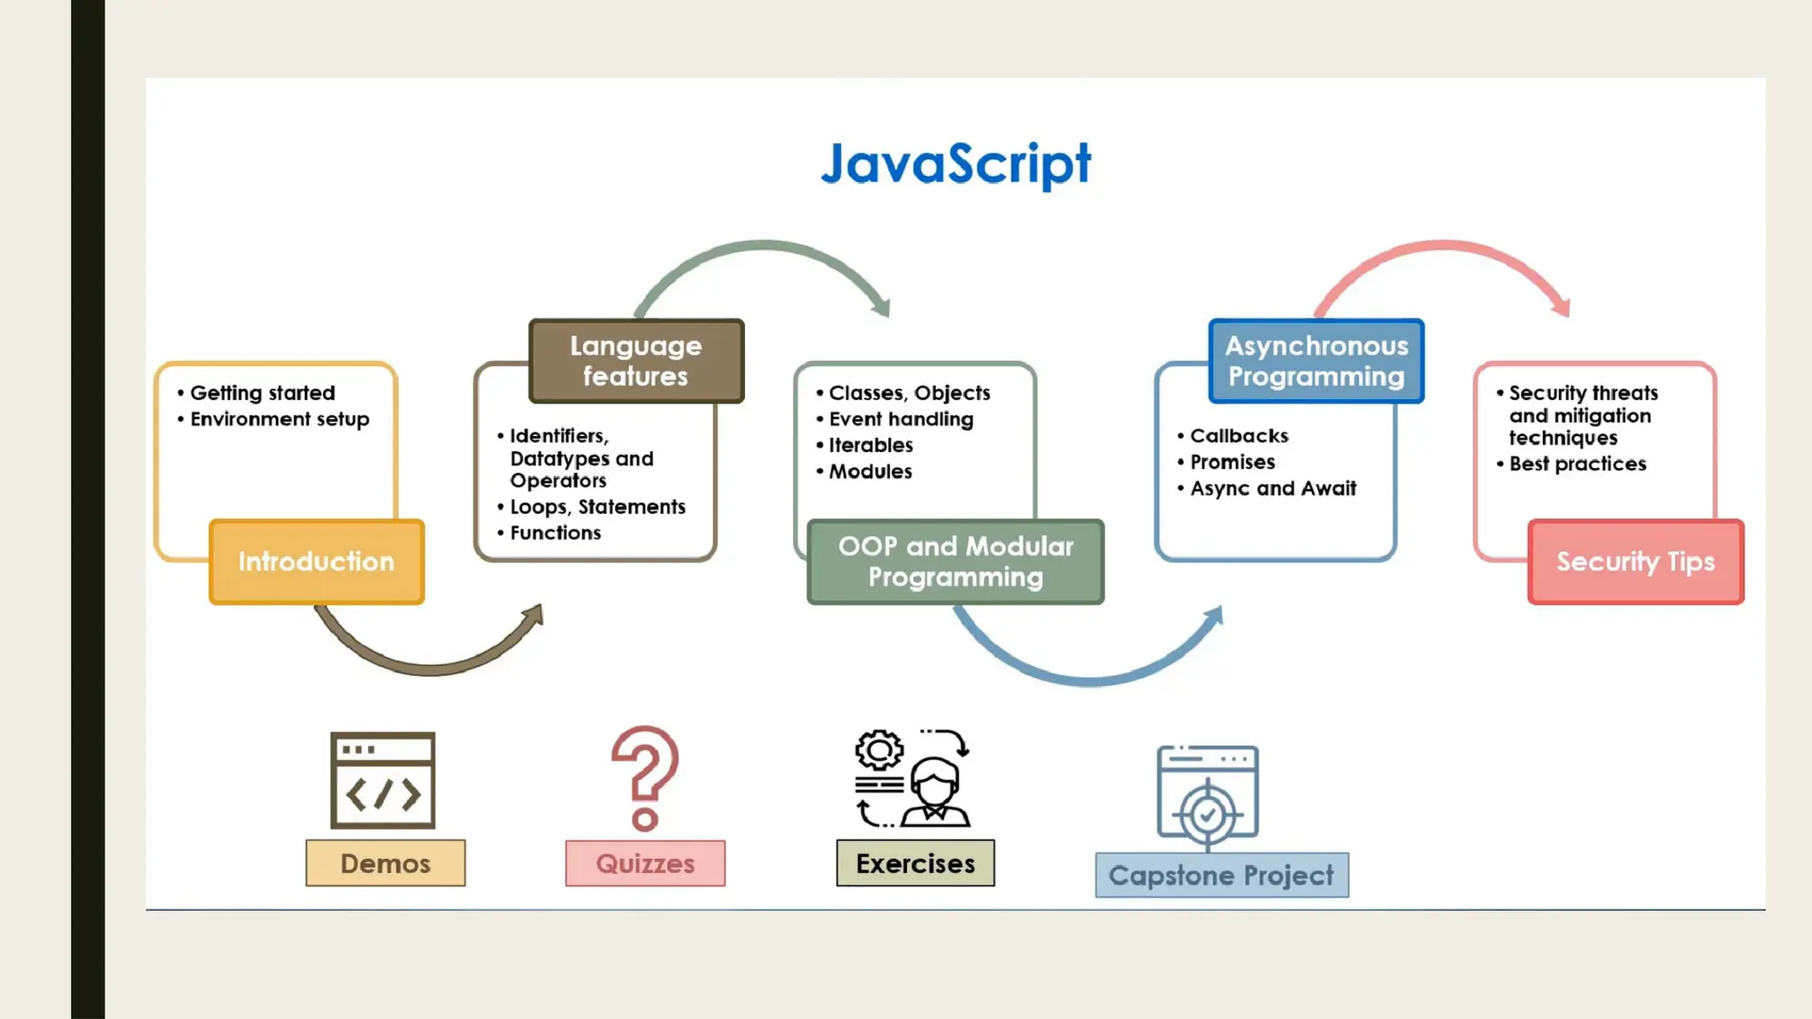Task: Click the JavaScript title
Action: coord(956,165)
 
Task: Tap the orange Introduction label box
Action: coord(317,562)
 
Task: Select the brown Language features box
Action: coord(636,361)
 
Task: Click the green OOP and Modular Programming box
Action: coord(956,562)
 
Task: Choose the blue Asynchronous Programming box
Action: coord(1316,361)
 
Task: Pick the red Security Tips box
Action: coord(1635,562)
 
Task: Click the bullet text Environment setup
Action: coord(280,419)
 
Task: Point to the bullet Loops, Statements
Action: coord(597,507)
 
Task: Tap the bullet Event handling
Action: coord(901,419)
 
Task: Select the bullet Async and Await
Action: coord(1272,488)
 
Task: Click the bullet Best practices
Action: coord(1578,464)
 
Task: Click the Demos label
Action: coord(385,863)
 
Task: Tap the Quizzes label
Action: coord(645,863)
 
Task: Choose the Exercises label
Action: coord(915,863)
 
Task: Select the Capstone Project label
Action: coord(1221,876)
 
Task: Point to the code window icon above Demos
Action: coord(382,780)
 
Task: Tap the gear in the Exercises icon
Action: coord(879,751)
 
